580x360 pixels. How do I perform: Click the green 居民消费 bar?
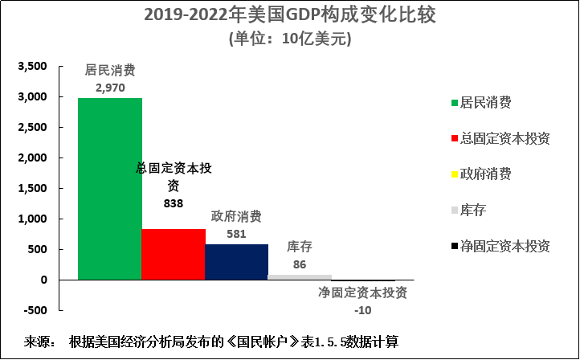(x=109, y=189)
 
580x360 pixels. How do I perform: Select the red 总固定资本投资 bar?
(x=173, y=254)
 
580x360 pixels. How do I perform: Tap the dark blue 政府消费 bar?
(x=236, y=262)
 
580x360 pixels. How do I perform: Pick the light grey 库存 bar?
(x=300, y=276)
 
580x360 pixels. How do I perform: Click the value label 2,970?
(x=109, y=87)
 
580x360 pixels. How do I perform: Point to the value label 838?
(x=173, y=203)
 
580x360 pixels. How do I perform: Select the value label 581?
(x=236, y=233)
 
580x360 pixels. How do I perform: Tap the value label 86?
(x=300, y=264)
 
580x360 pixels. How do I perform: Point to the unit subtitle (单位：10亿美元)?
(x=289, y=39)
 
